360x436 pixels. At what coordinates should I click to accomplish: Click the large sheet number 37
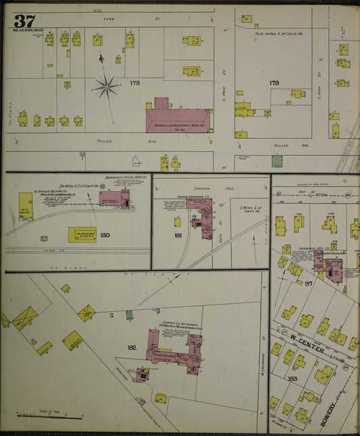[24, 20]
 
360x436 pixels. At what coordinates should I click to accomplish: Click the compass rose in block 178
[106, 86]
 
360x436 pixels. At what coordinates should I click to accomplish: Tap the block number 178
[135, 82]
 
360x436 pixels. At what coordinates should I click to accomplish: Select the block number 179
[274, 83]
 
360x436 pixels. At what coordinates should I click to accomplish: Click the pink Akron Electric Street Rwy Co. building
[177, 119]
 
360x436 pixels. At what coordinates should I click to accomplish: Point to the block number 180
[105, 236]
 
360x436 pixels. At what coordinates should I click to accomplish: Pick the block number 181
[178, 236]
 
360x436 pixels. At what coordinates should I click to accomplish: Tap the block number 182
[132, 348]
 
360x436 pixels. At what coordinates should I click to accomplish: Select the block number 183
[292, 379]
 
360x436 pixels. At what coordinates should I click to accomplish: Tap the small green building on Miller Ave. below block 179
[277, 161]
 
